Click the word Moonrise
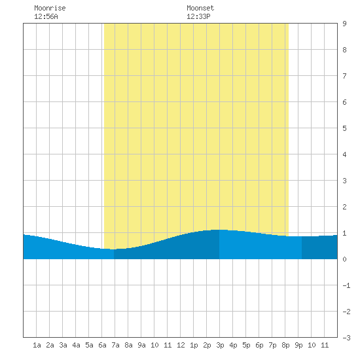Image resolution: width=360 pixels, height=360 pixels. click(x=50, y=8)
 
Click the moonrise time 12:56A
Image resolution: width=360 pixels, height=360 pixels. click(x=46, y=16)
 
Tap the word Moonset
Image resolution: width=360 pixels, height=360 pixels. click(x=200, y=8)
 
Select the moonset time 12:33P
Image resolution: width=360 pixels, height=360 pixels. click(x=198, y=16)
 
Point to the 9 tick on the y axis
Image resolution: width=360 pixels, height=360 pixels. click(x=344, y=24)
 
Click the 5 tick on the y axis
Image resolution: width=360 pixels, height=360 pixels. click(x=344, y=128)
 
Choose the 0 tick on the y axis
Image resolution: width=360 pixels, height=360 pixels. click(x=344, y=259)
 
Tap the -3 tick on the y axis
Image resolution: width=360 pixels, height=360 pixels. click(x=346, y=338)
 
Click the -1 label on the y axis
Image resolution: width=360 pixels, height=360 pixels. click(x=346, y=285)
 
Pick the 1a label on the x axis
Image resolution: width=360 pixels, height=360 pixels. click(x=37, y=345)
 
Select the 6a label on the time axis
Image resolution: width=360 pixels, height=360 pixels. click(x=102, y=345)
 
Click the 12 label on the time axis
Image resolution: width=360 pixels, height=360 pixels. click(x=181, y=345)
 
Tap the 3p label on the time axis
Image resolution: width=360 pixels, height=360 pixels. click(x=220, y=345)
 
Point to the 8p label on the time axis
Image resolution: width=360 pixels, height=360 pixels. click(x=285, y=345)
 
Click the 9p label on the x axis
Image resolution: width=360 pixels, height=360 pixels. click(x=298, y=345)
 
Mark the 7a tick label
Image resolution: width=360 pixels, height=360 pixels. click(x=115, y=345)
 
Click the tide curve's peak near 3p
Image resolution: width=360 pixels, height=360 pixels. click(x=219, y=230)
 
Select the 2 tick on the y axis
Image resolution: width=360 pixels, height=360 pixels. click(x=344, y=207)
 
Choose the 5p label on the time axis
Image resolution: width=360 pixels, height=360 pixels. click(x=246, y=345)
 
